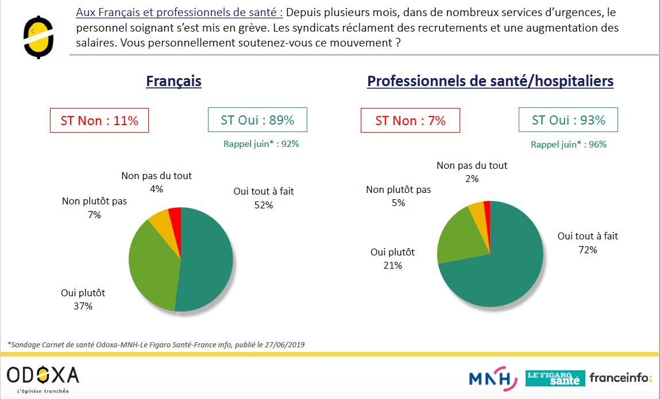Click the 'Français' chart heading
(173, 81)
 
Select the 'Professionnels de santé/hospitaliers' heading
(490, 82)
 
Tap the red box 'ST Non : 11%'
(99, 121)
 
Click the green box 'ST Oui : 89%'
(257, 120)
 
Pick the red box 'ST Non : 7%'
(410, 121)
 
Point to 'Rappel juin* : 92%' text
(261, 144)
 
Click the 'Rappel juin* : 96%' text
(568, 144)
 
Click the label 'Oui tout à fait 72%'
(588, 243)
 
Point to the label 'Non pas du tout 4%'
(156, 182)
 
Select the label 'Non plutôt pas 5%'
(398, 196)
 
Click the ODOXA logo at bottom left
(43, 377)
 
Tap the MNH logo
(489, 378)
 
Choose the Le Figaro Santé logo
(555, 378)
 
